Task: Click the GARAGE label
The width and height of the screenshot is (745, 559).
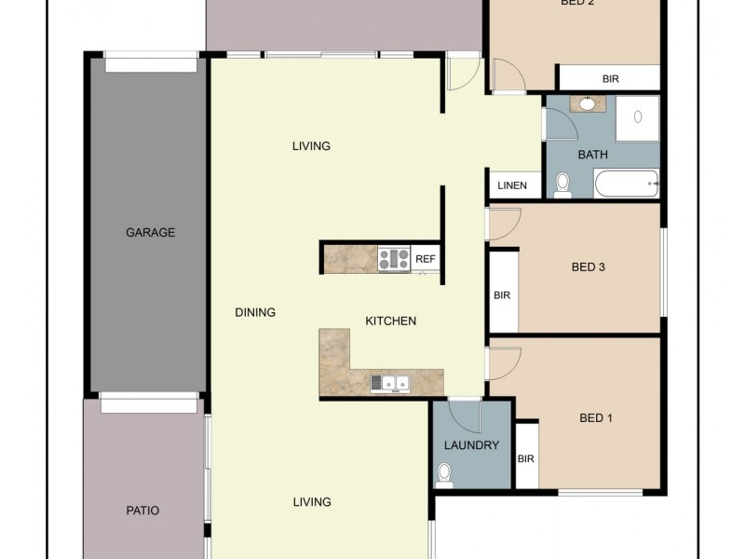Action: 150,232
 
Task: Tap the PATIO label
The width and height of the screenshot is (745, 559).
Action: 142,511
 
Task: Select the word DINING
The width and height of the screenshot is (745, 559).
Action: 254,312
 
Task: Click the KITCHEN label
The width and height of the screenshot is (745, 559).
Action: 390,320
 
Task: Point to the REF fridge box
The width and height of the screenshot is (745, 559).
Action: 426,258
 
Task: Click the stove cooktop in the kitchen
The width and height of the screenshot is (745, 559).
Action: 394,258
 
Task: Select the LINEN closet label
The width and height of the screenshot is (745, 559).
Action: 511,185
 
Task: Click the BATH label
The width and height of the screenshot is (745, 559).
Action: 593,155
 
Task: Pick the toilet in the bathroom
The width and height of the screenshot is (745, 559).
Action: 562,185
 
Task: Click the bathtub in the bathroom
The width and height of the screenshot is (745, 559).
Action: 626,184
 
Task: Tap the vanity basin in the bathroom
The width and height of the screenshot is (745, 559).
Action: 588,103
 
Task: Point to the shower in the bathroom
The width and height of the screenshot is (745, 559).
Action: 637,117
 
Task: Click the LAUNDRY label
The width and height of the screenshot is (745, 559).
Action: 471,445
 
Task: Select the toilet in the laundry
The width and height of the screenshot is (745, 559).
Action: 444,477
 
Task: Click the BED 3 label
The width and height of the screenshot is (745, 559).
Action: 588,267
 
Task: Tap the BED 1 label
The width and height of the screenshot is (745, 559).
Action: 596,418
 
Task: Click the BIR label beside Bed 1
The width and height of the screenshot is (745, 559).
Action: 525,458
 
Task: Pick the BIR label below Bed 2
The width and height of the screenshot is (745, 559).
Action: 610,79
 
